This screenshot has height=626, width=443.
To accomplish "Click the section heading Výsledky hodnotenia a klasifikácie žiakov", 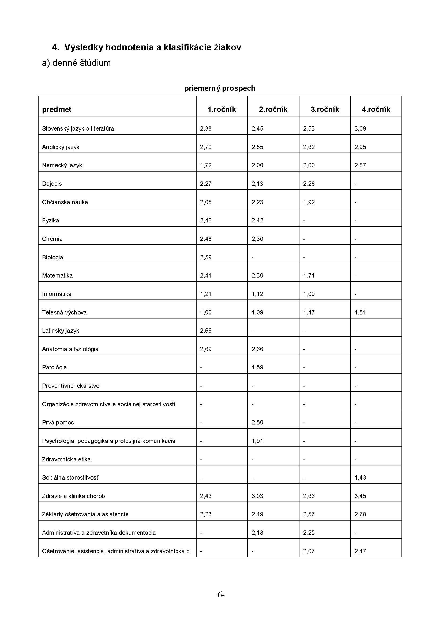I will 153,47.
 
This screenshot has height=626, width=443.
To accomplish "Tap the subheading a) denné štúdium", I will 76,63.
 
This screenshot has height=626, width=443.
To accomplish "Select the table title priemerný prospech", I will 220,88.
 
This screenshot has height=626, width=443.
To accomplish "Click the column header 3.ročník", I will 325,109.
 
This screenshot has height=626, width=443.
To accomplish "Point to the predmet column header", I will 57,109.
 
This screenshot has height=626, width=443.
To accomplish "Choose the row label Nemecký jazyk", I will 62,165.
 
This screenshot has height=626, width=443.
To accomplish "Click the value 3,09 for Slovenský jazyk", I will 360,129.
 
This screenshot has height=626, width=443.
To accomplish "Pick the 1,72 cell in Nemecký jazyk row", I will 206,165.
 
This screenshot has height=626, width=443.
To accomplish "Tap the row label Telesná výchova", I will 64,312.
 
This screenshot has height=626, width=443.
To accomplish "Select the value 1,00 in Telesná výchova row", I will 206,312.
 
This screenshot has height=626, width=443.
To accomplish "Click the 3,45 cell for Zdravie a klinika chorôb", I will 360,496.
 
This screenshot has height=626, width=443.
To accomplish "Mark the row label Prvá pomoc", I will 58,423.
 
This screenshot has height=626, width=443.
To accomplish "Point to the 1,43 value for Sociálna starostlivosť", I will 360,478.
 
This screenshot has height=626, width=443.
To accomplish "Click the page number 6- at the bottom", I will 221,595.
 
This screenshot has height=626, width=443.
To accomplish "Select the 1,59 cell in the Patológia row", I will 257,367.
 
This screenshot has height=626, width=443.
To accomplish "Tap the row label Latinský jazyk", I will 61,331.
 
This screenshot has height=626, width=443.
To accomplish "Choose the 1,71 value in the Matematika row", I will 309,276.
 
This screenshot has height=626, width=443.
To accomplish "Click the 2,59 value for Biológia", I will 206,257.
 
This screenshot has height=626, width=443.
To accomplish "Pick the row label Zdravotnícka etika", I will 66,460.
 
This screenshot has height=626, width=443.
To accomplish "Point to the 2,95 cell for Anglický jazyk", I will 360,147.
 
